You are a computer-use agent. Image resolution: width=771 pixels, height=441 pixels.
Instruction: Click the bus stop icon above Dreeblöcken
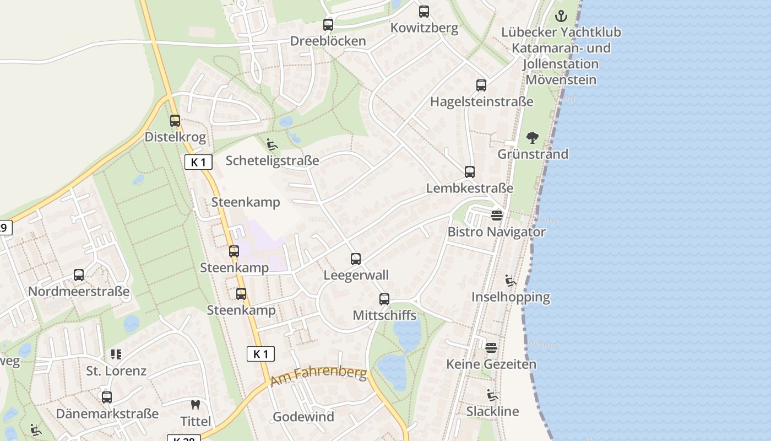tap(328, 25)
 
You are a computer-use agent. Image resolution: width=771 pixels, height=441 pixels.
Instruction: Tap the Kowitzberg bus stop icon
tap(424, 12)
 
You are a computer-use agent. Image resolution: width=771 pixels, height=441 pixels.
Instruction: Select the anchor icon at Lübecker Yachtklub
tap(561, 15)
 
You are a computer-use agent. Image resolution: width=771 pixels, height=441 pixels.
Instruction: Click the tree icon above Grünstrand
tap(533, 137)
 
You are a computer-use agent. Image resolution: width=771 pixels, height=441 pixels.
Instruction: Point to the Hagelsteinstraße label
tap(481, 102)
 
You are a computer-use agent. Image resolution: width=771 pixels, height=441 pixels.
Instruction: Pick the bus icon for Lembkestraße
tap(470, 172)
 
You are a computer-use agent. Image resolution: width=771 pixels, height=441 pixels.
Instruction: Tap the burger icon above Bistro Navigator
tap(497, 216)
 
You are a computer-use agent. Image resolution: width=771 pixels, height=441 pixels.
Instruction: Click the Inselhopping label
tap(511, 297)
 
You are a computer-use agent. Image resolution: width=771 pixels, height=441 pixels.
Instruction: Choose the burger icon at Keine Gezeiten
tap(491, 348)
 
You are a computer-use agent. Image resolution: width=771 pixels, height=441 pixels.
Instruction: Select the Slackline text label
tap(492, 412)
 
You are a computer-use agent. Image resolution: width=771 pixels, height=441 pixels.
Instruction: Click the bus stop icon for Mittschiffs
tap(384, 299)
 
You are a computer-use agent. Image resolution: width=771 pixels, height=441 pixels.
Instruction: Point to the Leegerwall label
tap(356, 275)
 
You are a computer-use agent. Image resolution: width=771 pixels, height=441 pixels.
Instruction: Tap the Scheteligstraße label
tap(272, 161)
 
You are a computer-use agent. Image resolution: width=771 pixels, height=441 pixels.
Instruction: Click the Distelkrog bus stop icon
tap(175, 121)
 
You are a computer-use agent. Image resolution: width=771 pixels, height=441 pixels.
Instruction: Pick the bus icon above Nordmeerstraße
tap(79, 275)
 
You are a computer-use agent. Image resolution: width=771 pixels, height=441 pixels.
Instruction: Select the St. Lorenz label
tap(116, 371)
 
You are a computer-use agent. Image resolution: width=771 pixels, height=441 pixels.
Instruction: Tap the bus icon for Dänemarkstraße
tap(107, 397)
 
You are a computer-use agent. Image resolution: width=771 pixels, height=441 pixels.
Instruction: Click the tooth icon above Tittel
tap(196, 405)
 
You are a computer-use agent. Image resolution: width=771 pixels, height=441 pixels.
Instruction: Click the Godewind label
tap(303, 417)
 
